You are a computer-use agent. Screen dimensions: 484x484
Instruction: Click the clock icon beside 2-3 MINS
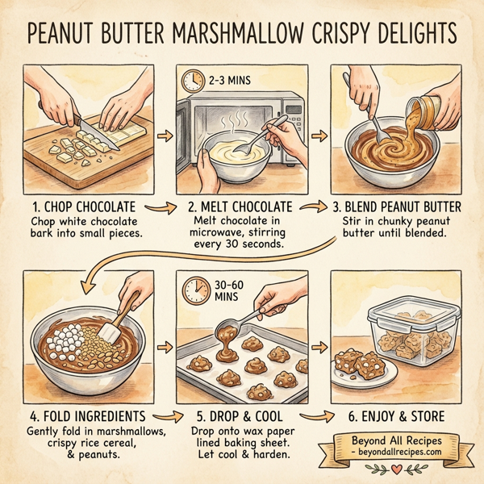click(192, 80)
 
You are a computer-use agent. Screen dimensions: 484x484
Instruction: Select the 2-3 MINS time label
click(227, 81)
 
